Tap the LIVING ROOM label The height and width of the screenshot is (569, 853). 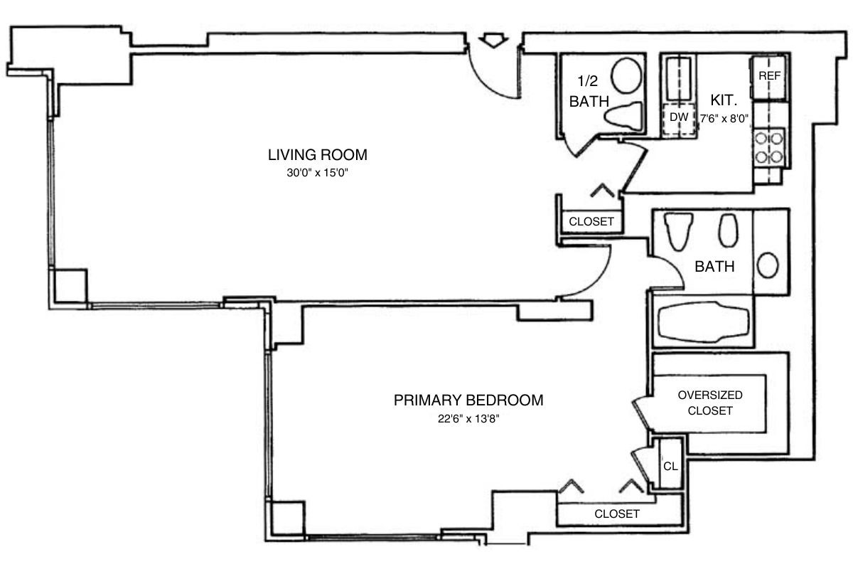pos(317,154)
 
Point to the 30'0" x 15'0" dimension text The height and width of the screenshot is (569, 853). pos(317,173)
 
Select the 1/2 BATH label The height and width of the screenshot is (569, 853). pos(589,92)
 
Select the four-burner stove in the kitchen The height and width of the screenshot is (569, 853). pos(769,146)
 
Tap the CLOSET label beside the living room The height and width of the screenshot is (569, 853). pos(591,222)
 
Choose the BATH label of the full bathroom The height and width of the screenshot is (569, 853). pos(714,267)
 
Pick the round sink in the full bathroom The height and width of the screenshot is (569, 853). pos(768,265)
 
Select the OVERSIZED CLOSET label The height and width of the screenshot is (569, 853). pos(710,403)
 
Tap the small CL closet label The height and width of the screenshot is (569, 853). pos(670,467)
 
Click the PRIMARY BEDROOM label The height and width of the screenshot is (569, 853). pos(468,400)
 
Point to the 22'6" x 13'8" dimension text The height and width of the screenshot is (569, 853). pos(468,419)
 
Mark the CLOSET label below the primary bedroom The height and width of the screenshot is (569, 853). pos(616,514)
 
